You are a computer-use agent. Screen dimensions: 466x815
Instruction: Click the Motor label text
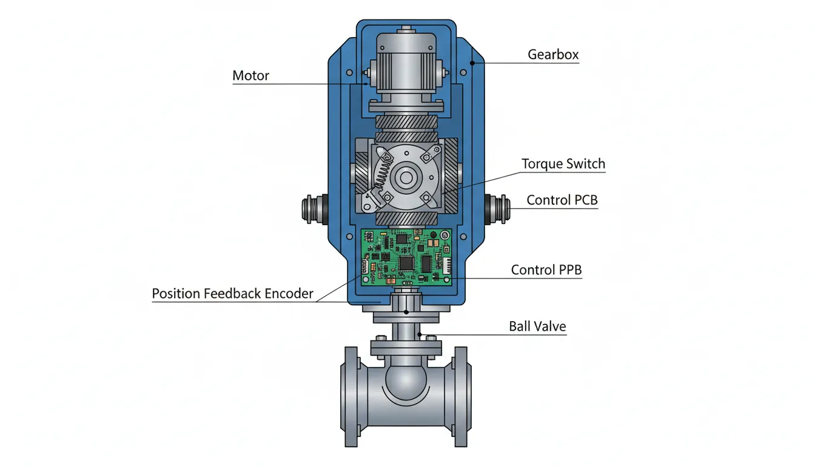tap(250, 76)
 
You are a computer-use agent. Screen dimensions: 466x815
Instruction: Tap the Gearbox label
tap(553, 55)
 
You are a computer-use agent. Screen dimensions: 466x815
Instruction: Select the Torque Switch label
tap(563, 164)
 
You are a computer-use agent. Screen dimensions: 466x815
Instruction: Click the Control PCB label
tap(562, 200)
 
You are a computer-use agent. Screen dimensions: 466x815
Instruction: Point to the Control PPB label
tap(546, 270)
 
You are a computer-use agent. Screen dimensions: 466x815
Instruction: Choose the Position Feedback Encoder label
tap(232, 294)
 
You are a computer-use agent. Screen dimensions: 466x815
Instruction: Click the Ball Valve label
tap(537, 326)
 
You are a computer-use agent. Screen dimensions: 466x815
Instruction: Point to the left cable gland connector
tap(313, 209)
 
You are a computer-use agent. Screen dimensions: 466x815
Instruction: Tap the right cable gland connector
tap(498, 209)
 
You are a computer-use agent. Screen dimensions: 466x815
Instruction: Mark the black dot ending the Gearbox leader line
tap(471, 62)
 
